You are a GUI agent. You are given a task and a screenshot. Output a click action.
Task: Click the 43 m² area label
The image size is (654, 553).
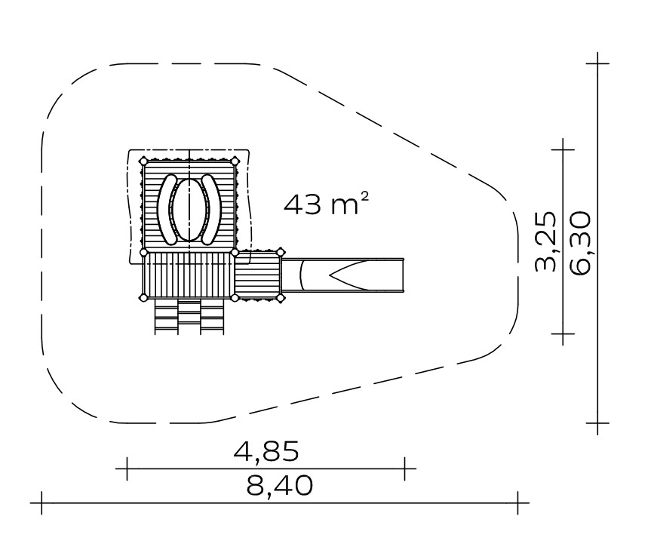click(x=326, y=204)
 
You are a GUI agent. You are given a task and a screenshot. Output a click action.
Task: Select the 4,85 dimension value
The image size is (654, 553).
click(x=266, y=451)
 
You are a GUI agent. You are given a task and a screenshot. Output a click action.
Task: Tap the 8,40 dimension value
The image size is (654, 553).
click(x=279, y=485)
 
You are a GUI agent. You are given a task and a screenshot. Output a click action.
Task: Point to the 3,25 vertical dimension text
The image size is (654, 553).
click(x=545, y=242)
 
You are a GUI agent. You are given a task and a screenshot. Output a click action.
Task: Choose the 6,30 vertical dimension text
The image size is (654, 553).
click(x=580, y=243)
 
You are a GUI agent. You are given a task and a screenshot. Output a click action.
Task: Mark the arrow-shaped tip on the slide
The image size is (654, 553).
click(x=330, y=275)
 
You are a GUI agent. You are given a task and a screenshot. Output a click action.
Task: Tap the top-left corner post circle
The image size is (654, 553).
click(x=143, y=161)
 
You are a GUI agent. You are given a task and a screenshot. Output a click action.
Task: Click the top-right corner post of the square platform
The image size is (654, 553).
click(x=235, y=161)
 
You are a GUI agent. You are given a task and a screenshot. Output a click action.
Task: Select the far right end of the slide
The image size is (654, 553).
click(x=404, y=275)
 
